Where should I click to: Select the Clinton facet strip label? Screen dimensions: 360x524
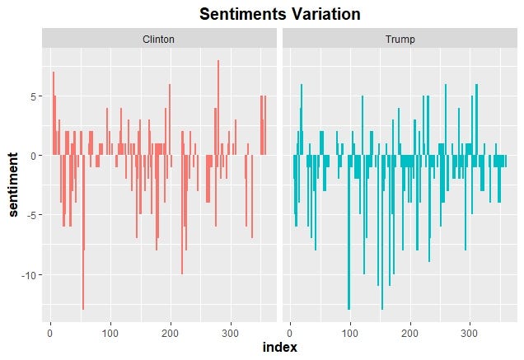pyautogui.click(x=158, y=40)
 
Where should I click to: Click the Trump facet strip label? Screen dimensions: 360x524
pyautogui.click(x=399, y=40)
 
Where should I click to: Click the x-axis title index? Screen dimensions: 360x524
pyautogui.click(x=278, y=348)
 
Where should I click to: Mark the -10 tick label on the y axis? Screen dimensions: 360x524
pyautogui.click(x=30, y=274)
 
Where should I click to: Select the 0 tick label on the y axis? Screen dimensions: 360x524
pyautogui.click(x=35, y=156)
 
